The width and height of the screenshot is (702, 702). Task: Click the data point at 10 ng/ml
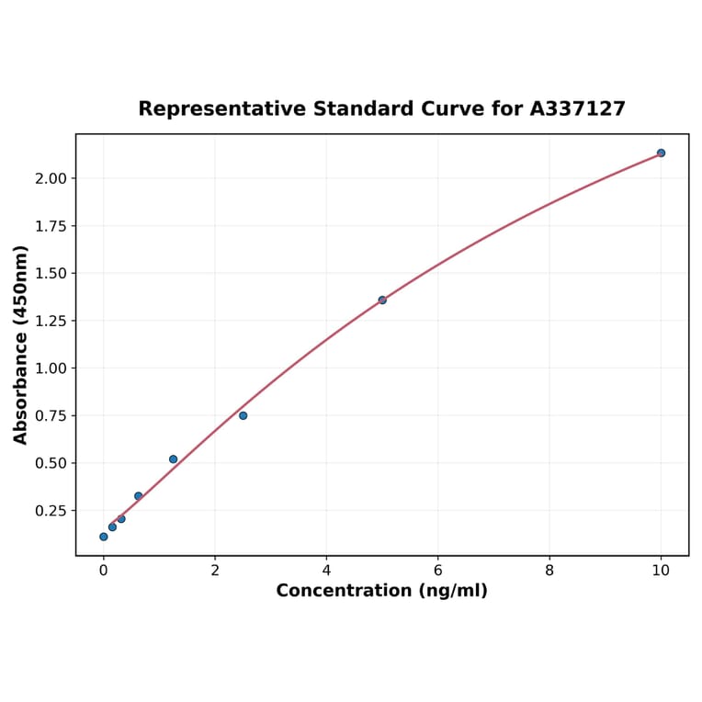click(x=661, y=153)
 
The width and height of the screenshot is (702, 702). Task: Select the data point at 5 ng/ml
click(x=382, y=300)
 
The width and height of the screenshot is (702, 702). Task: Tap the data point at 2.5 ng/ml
click(x=243, y=415)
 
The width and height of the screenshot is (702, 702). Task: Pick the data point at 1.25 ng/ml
click(x=173, y=459)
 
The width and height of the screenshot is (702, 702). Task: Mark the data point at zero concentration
click(x=104, y=537)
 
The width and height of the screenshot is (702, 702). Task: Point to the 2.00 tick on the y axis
click(x=51, y=178)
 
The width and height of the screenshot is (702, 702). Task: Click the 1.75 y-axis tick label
click(x=51, y=226)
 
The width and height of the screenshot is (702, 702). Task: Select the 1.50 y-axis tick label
click(x=51, y=273)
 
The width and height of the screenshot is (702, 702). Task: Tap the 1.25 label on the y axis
click(x=51, y=321)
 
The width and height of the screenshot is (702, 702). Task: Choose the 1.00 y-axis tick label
click(x=51, y=368)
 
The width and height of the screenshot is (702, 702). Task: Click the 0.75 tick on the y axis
click(x=51, y=415)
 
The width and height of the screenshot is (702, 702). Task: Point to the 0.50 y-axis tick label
click(x=51, y=463)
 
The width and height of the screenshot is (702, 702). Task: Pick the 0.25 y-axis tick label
click(x=51, y=511)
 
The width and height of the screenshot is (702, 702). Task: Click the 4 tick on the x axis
click(x=326, y=570)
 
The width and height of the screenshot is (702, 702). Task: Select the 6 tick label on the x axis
click(x=437, y=570)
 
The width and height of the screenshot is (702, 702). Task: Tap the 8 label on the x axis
click(x=549, y=570)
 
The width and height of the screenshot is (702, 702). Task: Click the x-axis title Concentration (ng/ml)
click(x=381, y=591)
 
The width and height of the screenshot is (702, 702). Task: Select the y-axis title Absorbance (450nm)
click(x=21, y=345)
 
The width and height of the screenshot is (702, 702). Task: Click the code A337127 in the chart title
click(x=577, y=109)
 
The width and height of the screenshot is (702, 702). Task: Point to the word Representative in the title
click(x=223, y=109)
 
